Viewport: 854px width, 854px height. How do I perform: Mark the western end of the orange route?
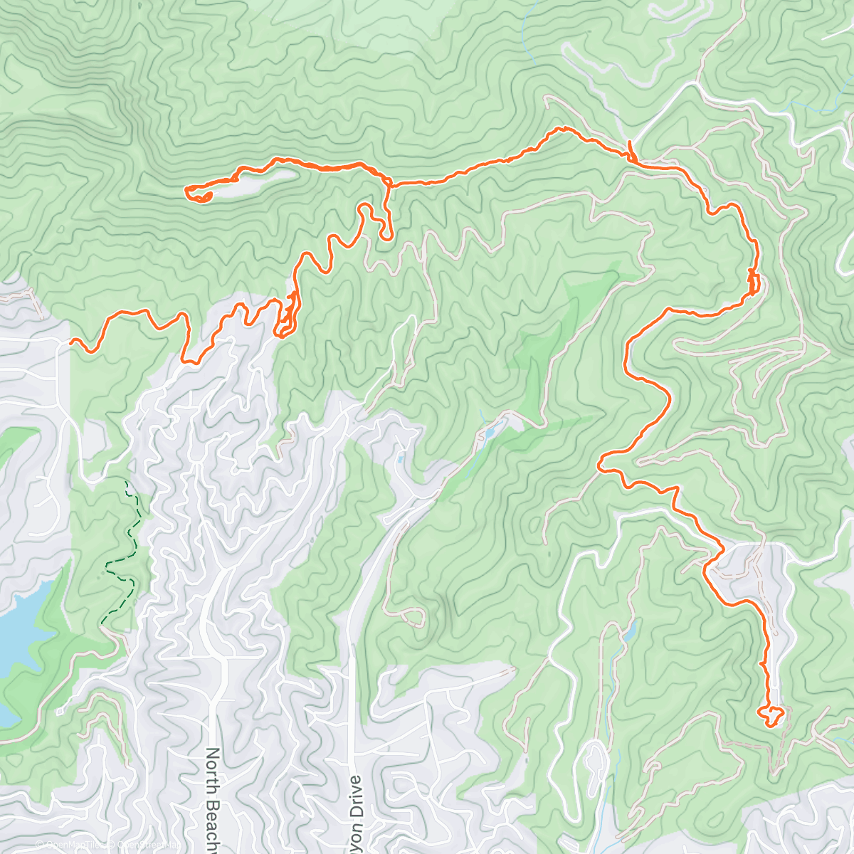pos(71,342)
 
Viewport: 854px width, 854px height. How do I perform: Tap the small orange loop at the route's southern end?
pos(771,715)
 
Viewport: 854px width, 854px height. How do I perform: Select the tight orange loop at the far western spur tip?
pos(197,194)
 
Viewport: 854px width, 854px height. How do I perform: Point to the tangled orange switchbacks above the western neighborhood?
pos(287,317)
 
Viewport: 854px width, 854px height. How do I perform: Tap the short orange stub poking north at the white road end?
pos(630,149)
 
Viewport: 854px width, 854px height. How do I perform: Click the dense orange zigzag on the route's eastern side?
pos(753,281)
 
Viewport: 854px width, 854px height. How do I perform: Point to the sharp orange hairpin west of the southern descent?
pos(602,465)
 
